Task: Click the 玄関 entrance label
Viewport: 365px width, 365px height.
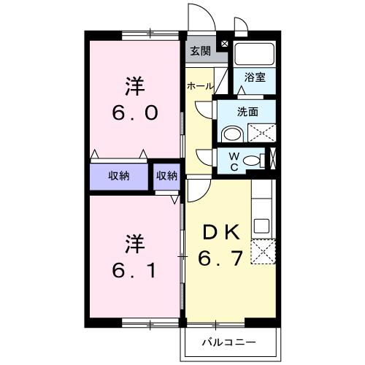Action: pos(201,51)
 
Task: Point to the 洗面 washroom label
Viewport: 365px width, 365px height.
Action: pos(248,112)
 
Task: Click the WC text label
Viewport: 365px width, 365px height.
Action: pos(235,160)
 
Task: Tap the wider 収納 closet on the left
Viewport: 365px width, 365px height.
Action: pos(120,176)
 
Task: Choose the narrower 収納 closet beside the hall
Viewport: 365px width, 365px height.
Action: pos(166,176)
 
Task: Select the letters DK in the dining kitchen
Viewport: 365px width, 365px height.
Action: pos(220,233)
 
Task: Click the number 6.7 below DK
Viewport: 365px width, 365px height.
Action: pos(220,259)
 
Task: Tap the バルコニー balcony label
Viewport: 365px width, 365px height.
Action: pos(230,341)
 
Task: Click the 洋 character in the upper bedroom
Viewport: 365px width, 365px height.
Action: pos(134,87)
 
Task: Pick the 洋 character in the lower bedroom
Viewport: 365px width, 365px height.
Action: pos(134,241)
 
